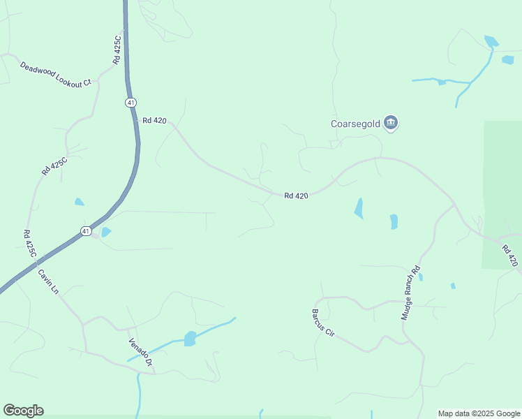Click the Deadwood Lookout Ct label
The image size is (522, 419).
coord(56,74)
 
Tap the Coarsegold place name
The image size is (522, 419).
coord(355,124)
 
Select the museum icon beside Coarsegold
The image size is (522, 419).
coord(391,124)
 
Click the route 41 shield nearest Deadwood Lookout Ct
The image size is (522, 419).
coord(130,103)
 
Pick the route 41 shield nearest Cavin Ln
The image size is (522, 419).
coord(85,230)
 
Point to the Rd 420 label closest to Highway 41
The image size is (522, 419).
coord(154,121)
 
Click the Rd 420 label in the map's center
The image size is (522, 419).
coord(297,196)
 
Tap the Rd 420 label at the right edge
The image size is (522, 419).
coord(510,255)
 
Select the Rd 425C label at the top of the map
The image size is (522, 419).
coord(117,50)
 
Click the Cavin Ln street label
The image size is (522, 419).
coord(48,281)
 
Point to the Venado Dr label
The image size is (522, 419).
coord(140,353)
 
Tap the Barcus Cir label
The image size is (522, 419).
coord(324,323)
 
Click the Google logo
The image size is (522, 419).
coord(23,411)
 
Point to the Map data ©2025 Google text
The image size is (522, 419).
coord(478,413)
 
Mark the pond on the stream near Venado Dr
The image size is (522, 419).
coord(189,339)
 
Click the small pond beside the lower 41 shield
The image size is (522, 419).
coord(106,232)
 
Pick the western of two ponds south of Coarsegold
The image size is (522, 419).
coord(359,208)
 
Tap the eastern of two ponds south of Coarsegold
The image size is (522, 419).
coord(394,221)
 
